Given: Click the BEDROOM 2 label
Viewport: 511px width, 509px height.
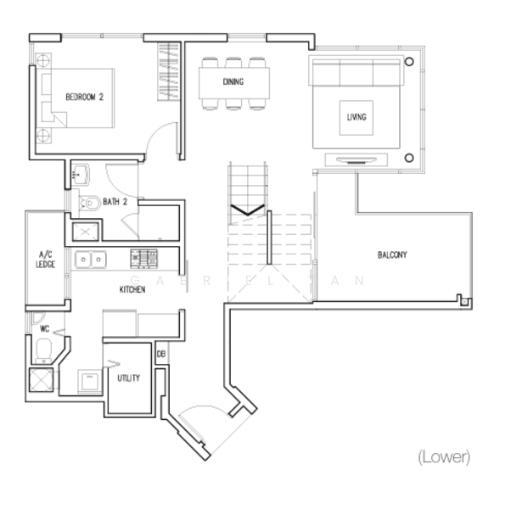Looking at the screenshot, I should coord(84,98).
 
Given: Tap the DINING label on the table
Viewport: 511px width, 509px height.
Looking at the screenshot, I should coord(233,82).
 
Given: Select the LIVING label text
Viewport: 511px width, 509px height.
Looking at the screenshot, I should coord(357,117).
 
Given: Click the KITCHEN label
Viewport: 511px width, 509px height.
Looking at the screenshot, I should coord(132,290).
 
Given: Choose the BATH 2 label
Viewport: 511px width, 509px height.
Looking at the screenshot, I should coord(115,202).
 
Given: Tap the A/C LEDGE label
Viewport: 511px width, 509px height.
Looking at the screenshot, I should coord(45,259).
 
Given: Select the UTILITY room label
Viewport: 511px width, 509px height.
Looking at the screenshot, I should coord(129,378).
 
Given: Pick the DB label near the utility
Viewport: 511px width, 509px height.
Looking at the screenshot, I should coord(161,352).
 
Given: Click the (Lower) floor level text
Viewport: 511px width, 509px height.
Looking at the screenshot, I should coord(443,457).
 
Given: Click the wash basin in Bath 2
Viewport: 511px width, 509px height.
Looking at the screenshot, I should coord(83,176).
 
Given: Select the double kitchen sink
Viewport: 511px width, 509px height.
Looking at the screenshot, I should coord(89,260).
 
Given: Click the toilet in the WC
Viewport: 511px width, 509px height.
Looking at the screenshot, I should coord(43,348).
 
